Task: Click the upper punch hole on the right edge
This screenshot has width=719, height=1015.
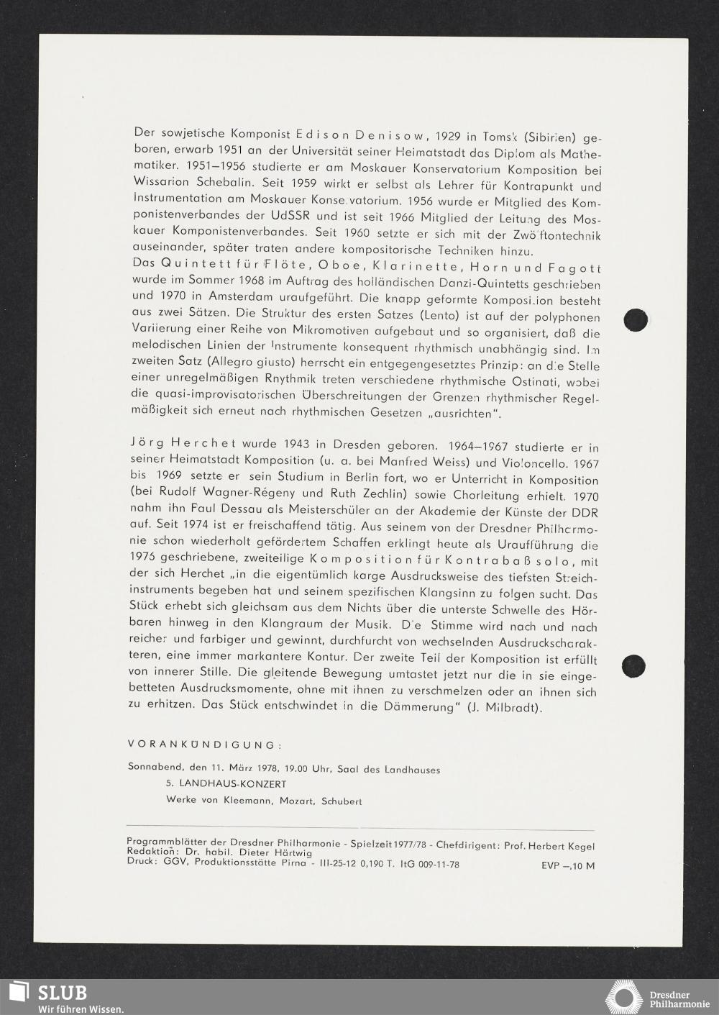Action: tap(636, 319)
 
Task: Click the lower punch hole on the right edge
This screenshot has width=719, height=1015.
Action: tap(633, 665)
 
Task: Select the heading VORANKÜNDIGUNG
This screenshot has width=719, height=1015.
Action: tap(200, 744)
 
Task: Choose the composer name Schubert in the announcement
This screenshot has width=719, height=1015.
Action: tap(342, 801)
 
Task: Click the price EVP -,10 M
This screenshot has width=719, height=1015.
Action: tap(568, 865)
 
